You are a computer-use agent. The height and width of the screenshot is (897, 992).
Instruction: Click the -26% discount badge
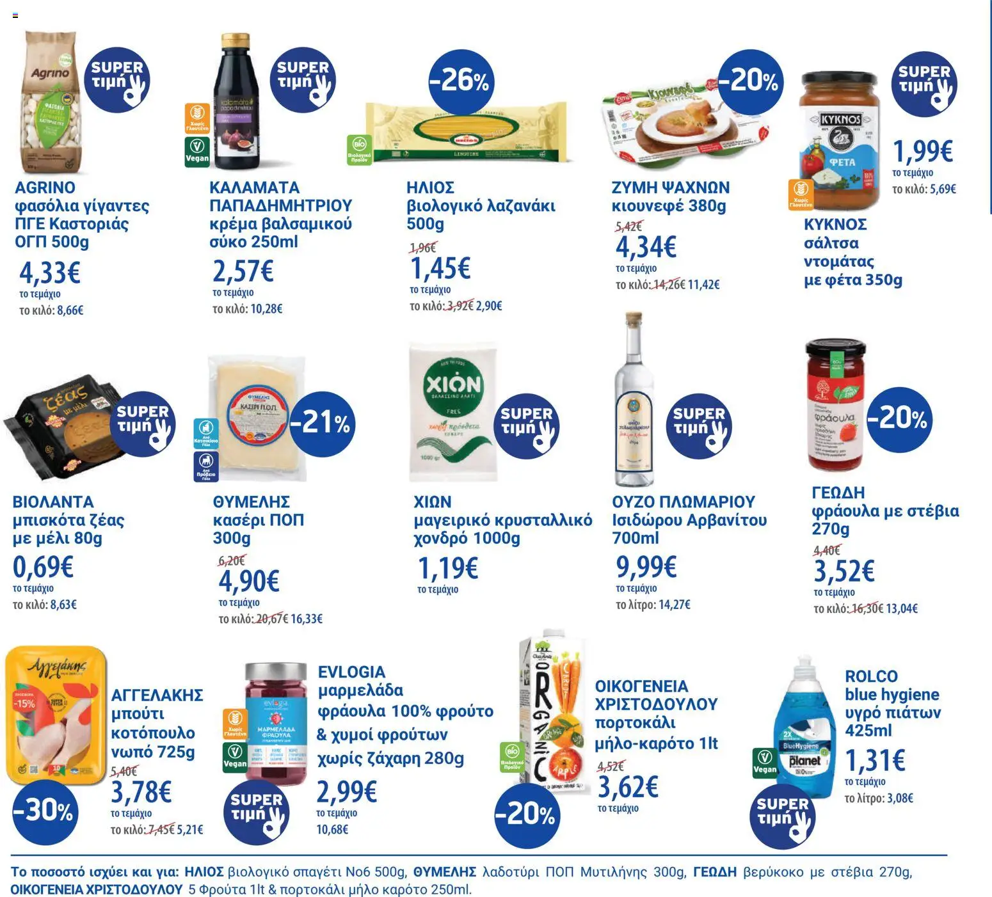tap(459, 81)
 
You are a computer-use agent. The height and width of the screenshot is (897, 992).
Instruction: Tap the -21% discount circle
tap(321, 422)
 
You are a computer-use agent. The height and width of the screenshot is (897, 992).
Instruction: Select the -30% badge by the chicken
tap(43, 811)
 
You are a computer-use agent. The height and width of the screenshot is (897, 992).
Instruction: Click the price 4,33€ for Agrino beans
tap(49, 273)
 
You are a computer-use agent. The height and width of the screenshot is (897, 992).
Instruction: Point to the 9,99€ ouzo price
tap(646, 567)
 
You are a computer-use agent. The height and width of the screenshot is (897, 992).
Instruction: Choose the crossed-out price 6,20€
tap(232, 561)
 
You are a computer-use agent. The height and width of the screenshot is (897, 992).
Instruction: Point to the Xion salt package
tap(453, 413)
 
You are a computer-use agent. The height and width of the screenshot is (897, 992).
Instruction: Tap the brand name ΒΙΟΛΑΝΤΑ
tap(53, 502)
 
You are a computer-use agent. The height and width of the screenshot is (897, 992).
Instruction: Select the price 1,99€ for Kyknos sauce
tap(922, 152)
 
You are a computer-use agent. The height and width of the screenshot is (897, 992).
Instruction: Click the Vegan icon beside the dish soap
tap(765, 763)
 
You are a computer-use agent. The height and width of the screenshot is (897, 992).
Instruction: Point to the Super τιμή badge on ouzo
tap(698, 425)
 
